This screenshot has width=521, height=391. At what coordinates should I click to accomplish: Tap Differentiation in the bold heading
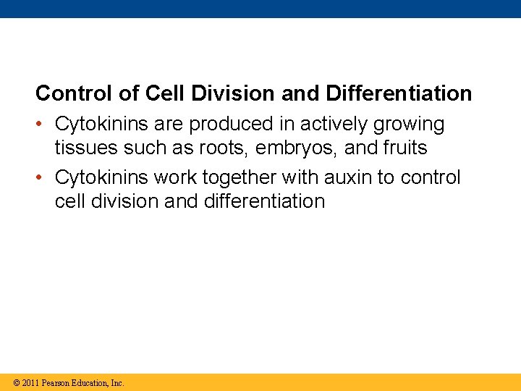coord(399,93)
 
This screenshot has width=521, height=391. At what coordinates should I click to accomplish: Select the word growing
coord(409,125)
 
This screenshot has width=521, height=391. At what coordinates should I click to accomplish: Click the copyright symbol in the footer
coord(16,382)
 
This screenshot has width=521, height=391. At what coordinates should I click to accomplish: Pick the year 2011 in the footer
coord(30,382)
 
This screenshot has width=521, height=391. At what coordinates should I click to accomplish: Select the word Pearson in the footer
coord(56,382)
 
